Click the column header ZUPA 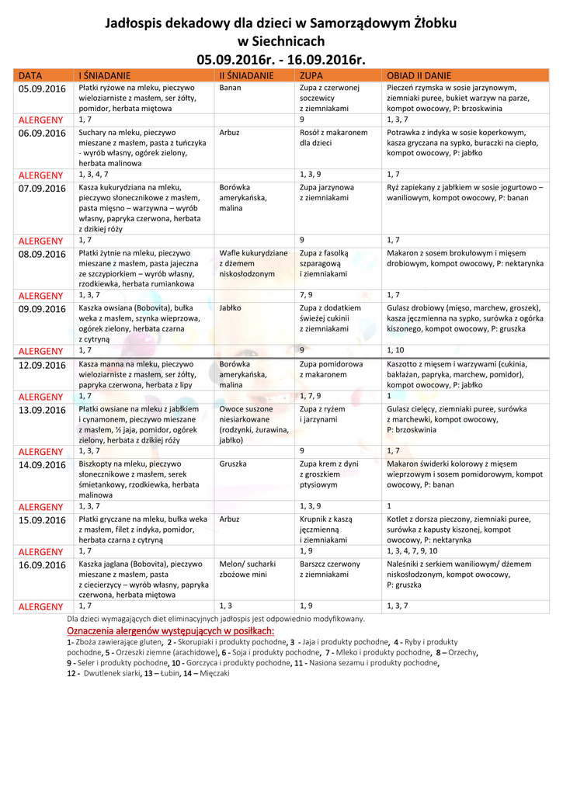coord(311,75)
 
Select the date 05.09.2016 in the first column coord(42,89)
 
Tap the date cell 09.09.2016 coord(42,308)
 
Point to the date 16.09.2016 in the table coord(42,564)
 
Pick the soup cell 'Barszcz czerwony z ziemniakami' coord(329,569)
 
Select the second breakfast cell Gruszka coord(233,464)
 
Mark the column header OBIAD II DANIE coord(419,75)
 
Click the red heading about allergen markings coord(171,630)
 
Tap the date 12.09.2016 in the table coord(42,364)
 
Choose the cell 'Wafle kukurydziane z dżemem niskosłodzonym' coord(253,263)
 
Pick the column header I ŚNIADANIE coord(104,75)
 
